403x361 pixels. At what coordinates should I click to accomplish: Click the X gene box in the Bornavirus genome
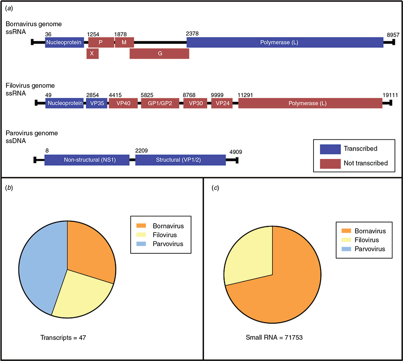pos(93,54)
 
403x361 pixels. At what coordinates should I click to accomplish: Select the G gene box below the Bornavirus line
pos(159,54)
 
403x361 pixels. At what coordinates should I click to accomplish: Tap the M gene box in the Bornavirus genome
pos(125,42)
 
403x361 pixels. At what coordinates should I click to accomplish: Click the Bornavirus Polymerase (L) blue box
pos(285,42)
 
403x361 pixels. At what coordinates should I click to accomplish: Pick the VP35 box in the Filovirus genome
pos(97,103)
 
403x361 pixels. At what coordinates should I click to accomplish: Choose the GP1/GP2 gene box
pos(160,103)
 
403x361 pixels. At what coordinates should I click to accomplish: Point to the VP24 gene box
pos(222,103)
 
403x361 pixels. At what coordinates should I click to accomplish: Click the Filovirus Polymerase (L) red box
pos(310,103)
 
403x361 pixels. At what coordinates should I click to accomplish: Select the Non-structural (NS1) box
pos(87,160)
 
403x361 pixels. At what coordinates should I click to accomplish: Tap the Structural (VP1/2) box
pos(181,160)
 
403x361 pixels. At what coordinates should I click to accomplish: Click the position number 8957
pos(393,35)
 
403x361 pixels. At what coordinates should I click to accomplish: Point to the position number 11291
pos(245,95)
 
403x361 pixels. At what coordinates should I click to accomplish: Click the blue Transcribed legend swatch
pos(330,149)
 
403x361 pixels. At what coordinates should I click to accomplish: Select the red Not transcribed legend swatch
pos(330,164)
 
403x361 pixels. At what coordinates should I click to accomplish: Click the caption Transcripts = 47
pos(63,338)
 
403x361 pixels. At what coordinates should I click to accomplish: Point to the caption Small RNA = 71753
pos(274,338)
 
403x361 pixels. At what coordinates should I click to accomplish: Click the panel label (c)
pos(215,188)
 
